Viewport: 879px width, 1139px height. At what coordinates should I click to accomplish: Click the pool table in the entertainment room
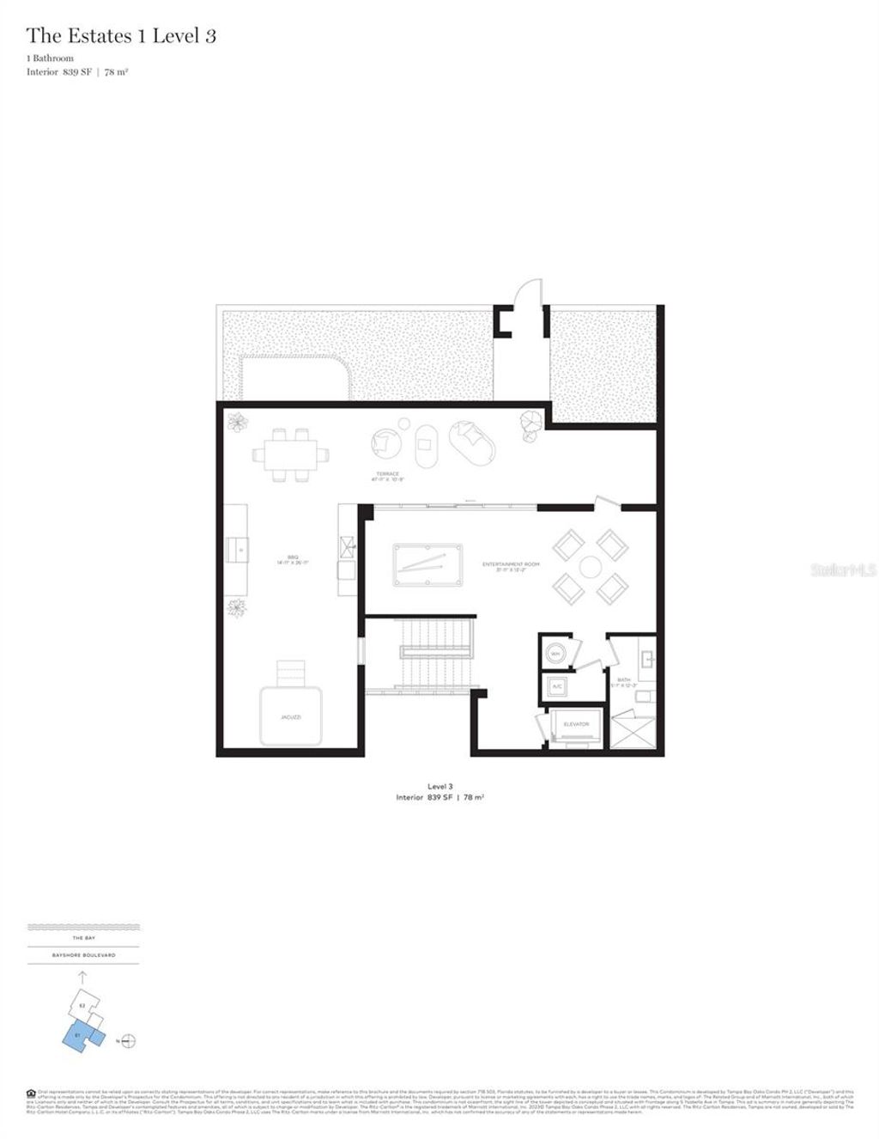427,564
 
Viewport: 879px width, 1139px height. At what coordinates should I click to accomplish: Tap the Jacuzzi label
290,716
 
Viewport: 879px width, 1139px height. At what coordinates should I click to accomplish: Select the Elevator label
576,724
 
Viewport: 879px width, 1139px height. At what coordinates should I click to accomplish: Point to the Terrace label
387,476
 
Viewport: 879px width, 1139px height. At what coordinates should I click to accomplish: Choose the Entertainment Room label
511,564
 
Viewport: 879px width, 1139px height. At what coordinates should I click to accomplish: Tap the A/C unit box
556,686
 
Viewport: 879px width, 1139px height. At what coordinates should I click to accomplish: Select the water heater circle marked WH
555,654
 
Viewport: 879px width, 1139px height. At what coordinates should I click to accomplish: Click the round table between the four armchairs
591,566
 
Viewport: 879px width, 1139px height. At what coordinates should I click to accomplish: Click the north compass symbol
129,1041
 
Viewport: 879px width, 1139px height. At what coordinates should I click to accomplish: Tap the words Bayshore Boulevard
83,954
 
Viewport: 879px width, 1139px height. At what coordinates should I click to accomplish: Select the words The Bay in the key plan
83,938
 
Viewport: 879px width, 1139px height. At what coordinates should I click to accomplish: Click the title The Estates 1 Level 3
120,36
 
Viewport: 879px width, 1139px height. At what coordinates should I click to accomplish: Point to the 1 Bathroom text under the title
50,58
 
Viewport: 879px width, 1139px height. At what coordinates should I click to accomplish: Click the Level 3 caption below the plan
439,786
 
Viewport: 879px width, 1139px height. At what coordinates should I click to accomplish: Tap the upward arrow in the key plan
82,977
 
